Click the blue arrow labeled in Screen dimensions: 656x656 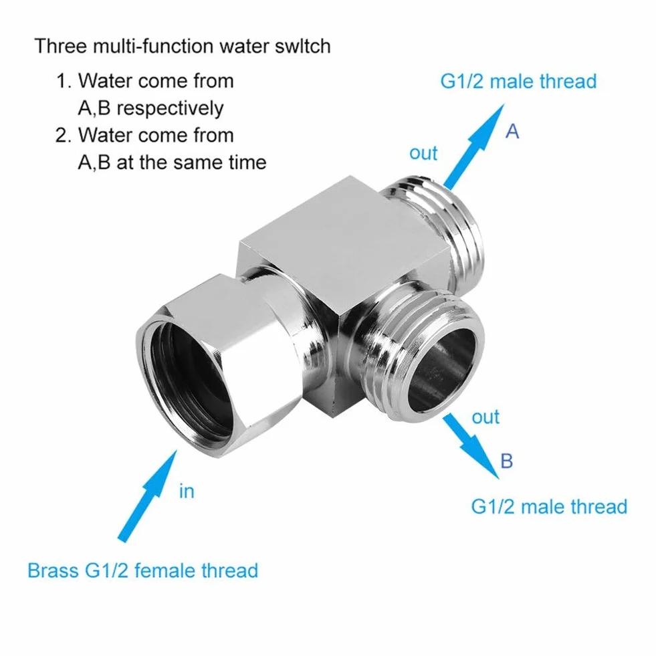147,496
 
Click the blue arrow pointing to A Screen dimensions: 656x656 474,146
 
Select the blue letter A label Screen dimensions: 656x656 512,132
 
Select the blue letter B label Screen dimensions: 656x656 507,461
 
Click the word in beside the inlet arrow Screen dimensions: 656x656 187,491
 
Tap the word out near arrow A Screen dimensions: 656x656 423,153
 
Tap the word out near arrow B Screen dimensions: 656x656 485,417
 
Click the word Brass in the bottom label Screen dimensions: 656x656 53,570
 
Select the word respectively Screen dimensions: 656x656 170,109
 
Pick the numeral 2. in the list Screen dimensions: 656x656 64,136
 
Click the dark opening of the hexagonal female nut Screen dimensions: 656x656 193,376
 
